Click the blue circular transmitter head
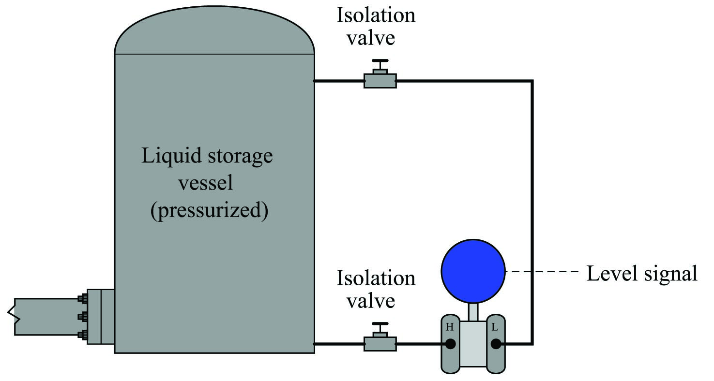coord(473,271)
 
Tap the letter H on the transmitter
coord(449,327)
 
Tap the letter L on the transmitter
coord(495,327)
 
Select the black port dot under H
coord(450,344)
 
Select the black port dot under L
coord(496,344)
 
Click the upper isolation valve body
coord(380,81)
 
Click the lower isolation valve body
coord(380,344)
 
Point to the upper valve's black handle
coord(380,60)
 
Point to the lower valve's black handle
coord(380,324)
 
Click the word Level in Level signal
coord(612,273)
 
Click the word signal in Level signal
coord(670,274)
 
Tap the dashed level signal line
coord(542,272)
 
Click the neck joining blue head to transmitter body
coord(473,311)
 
